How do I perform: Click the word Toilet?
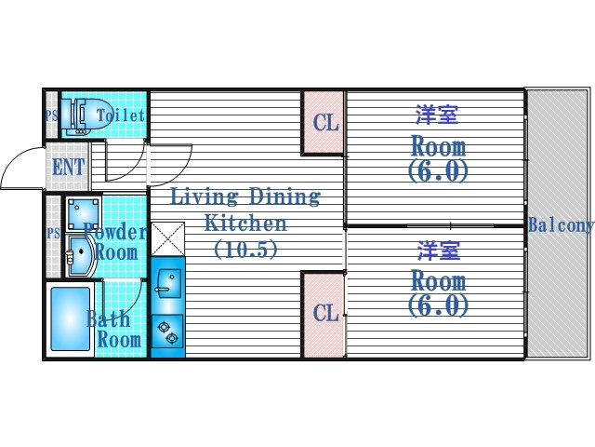(x=120, y=115)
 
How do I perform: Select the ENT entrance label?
(x=67, y=168)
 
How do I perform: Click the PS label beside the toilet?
(x=51, y=115)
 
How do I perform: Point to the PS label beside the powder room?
(x=53, y=234)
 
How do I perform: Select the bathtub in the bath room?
(x=68, y=319)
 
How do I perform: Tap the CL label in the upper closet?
(x=324, y=123)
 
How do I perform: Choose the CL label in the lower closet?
(x=324, y=313)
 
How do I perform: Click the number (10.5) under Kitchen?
(x=245, y=250)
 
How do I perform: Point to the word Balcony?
(x=561, y=225)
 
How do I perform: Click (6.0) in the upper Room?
(x=437, y=171)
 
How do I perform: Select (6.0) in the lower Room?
(x=437, y=305)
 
